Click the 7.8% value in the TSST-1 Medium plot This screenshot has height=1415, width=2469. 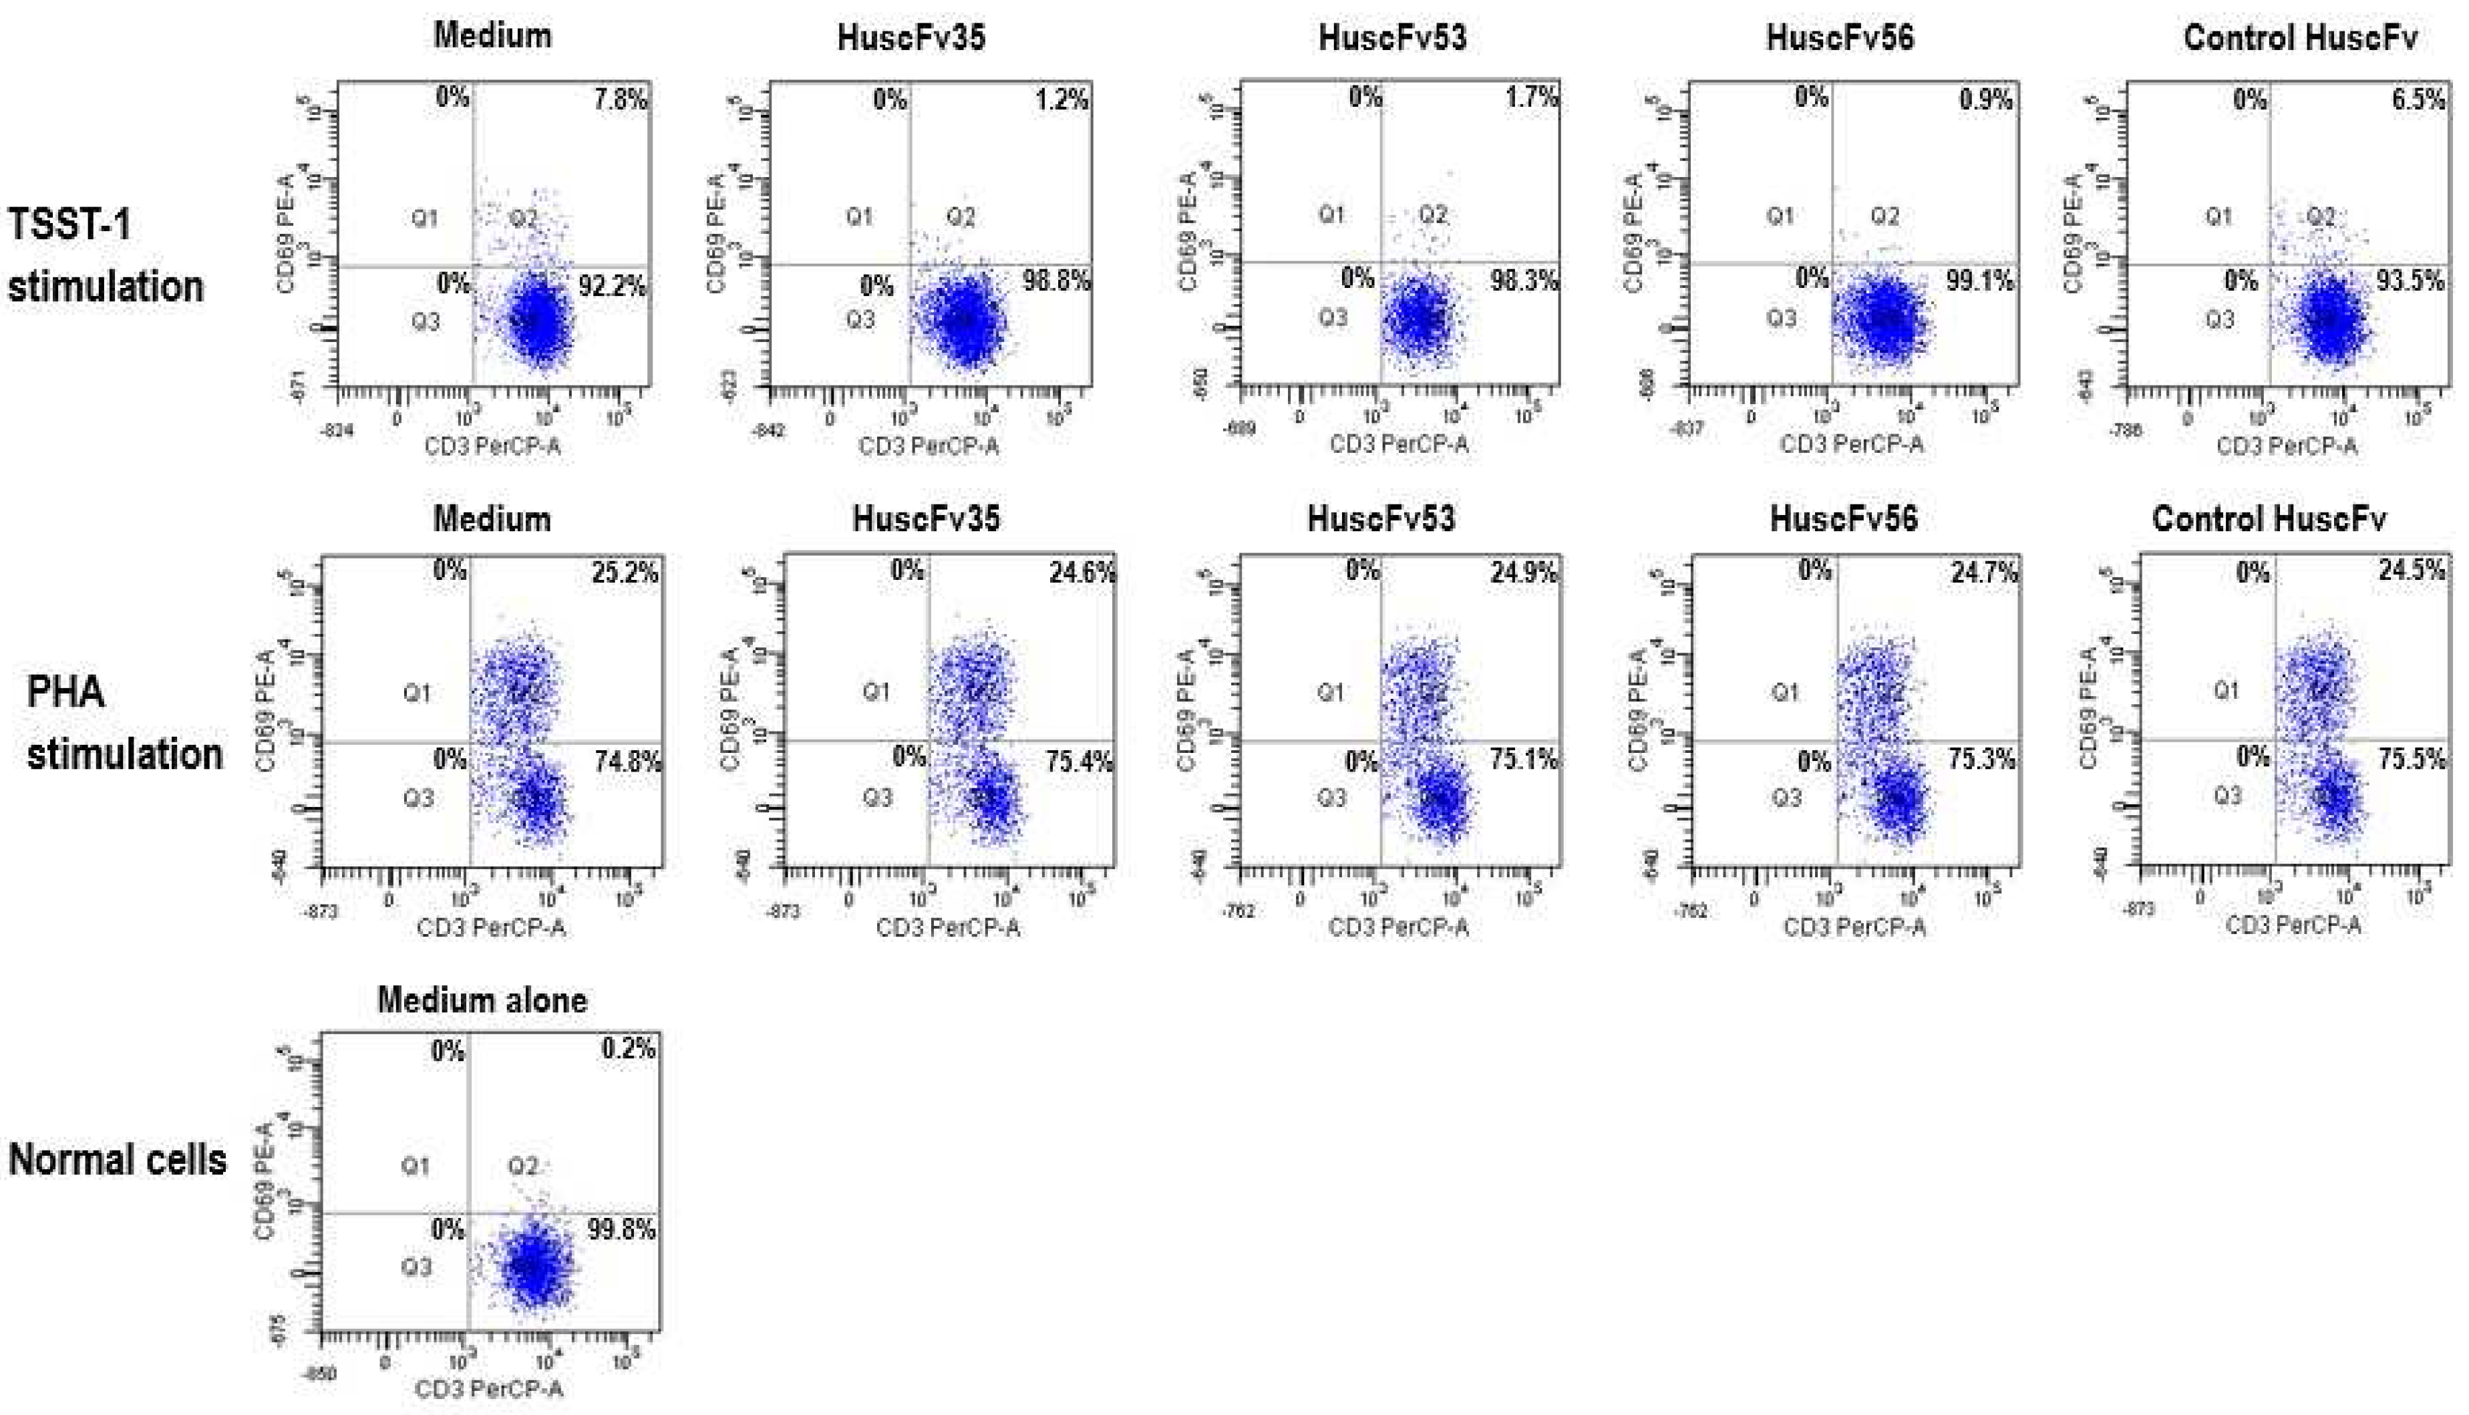tap(621, 99)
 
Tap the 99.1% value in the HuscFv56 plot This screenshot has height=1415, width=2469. tap(1978, 281)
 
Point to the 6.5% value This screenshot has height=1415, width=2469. tap(2418, 99)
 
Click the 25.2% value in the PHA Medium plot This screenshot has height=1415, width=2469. tap(624, 573)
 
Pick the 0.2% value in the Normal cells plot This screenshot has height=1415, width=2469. tap(628, 1049)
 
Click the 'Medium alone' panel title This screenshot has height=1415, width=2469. tap(482, 1000)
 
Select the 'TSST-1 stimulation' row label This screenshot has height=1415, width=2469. tap(105, 256)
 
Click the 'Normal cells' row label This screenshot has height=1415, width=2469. tap(117, 1159)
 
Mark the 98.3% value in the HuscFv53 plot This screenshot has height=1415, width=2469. tap(1524, 281)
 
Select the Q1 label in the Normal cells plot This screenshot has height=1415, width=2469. tap(415, 1165)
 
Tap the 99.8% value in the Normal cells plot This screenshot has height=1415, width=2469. tap(621, 1229)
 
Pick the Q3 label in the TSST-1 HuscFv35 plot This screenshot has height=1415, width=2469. tap(860, 320)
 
